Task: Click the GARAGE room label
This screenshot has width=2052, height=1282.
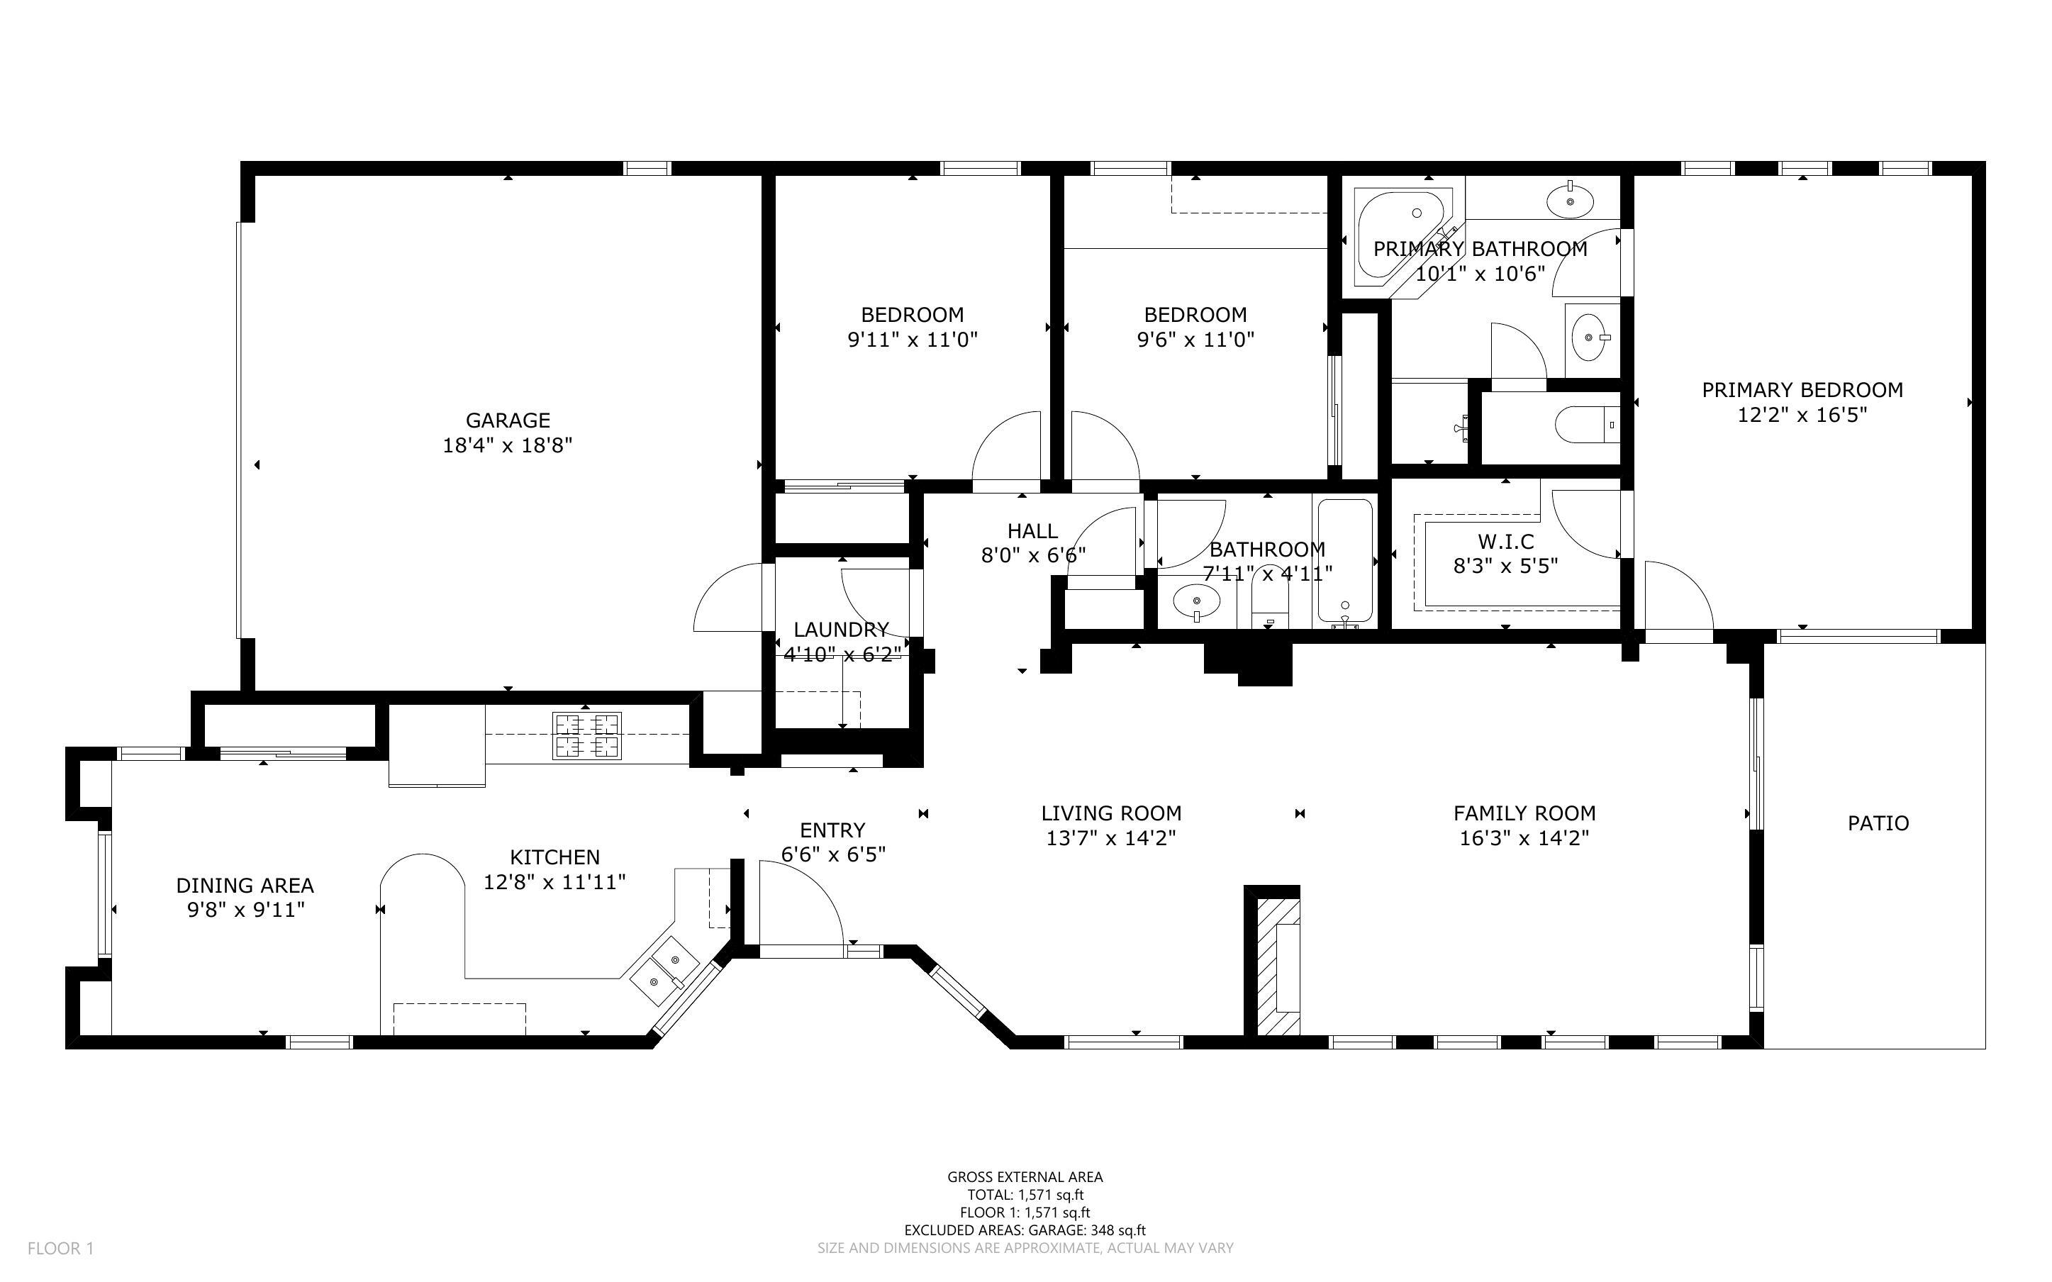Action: click(507, 420)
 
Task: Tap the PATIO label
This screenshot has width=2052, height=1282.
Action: click(1878, 823)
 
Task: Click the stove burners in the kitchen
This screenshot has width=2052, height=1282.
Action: click(586, 735)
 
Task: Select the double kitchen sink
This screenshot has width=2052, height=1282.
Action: click(664, 971)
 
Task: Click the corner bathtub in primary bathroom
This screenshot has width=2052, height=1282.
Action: click(1398, 238)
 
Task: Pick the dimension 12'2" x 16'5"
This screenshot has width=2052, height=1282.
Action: click(1802, 415)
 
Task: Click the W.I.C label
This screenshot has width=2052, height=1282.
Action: click(1505, 541)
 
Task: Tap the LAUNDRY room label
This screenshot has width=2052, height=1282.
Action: click(841, 629)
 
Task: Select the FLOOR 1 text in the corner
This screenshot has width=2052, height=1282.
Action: click(60, 1248)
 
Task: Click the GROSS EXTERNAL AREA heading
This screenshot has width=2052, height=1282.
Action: click(1025, 1177)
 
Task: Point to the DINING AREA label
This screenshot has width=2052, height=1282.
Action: click(245, 885)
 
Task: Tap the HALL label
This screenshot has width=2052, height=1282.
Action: click(1032, 531)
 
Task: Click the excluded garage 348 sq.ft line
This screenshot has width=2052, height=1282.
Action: click(1025, 1230)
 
